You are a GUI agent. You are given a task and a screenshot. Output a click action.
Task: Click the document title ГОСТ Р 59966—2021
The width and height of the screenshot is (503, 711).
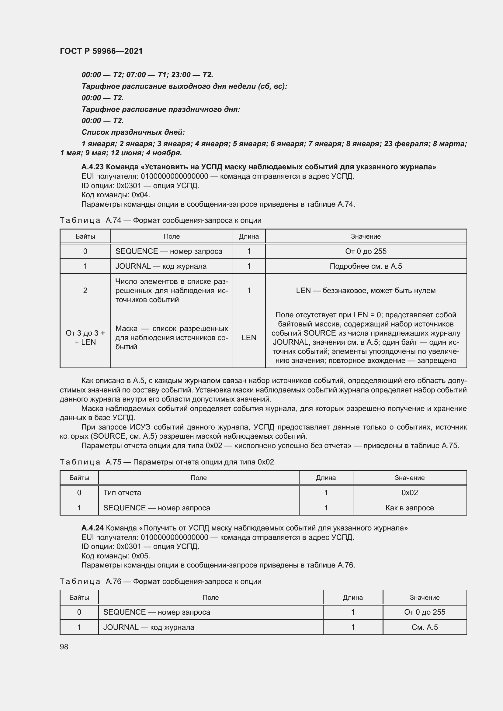(x=101, y=51)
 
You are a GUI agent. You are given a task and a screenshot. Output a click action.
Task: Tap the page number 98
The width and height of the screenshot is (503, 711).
(x=64, y=647)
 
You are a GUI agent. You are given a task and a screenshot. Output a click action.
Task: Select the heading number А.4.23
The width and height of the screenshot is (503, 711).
(x=92, y=167)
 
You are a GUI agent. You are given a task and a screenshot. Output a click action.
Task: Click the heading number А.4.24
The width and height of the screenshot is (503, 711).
(x=92, y=528)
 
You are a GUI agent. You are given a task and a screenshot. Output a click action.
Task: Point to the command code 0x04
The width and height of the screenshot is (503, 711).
(x=141, y=195)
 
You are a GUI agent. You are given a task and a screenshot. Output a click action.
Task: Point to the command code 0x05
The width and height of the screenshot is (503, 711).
(x=141, y=556)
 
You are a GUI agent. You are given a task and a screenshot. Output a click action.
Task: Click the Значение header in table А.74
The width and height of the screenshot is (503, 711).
(x=366, y=236)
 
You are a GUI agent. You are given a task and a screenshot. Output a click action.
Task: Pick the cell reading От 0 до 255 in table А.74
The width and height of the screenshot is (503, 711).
(x=366, y=251)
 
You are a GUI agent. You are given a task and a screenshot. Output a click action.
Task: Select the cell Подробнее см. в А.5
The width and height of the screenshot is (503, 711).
(x=366, y=266)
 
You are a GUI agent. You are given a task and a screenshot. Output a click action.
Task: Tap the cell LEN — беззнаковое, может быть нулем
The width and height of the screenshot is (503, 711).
(x=366, y=291)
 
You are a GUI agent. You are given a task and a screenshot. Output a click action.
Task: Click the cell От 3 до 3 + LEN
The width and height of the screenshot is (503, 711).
(x=85, y=337)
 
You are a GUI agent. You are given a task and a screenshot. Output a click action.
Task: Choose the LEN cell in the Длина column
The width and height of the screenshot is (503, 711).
(x=249, y=337)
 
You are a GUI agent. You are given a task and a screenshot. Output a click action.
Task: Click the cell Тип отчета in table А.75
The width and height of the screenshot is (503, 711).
(x=122, y=493)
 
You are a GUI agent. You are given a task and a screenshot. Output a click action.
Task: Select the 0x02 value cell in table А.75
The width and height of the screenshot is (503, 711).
(x=409, y=493)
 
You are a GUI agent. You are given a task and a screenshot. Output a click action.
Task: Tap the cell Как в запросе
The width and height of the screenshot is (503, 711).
(x=409, y=508)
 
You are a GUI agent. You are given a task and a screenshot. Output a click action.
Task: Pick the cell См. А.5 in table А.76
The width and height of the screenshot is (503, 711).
(x=424, y=627)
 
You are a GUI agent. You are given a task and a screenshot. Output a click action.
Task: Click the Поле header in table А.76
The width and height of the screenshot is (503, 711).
(x=211, y=598)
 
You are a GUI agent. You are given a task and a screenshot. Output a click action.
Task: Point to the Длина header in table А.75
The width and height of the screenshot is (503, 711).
(x=326, y=478)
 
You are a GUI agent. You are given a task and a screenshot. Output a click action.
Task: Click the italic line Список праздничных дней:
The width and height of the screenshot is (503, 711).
(x=133, y=132)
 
